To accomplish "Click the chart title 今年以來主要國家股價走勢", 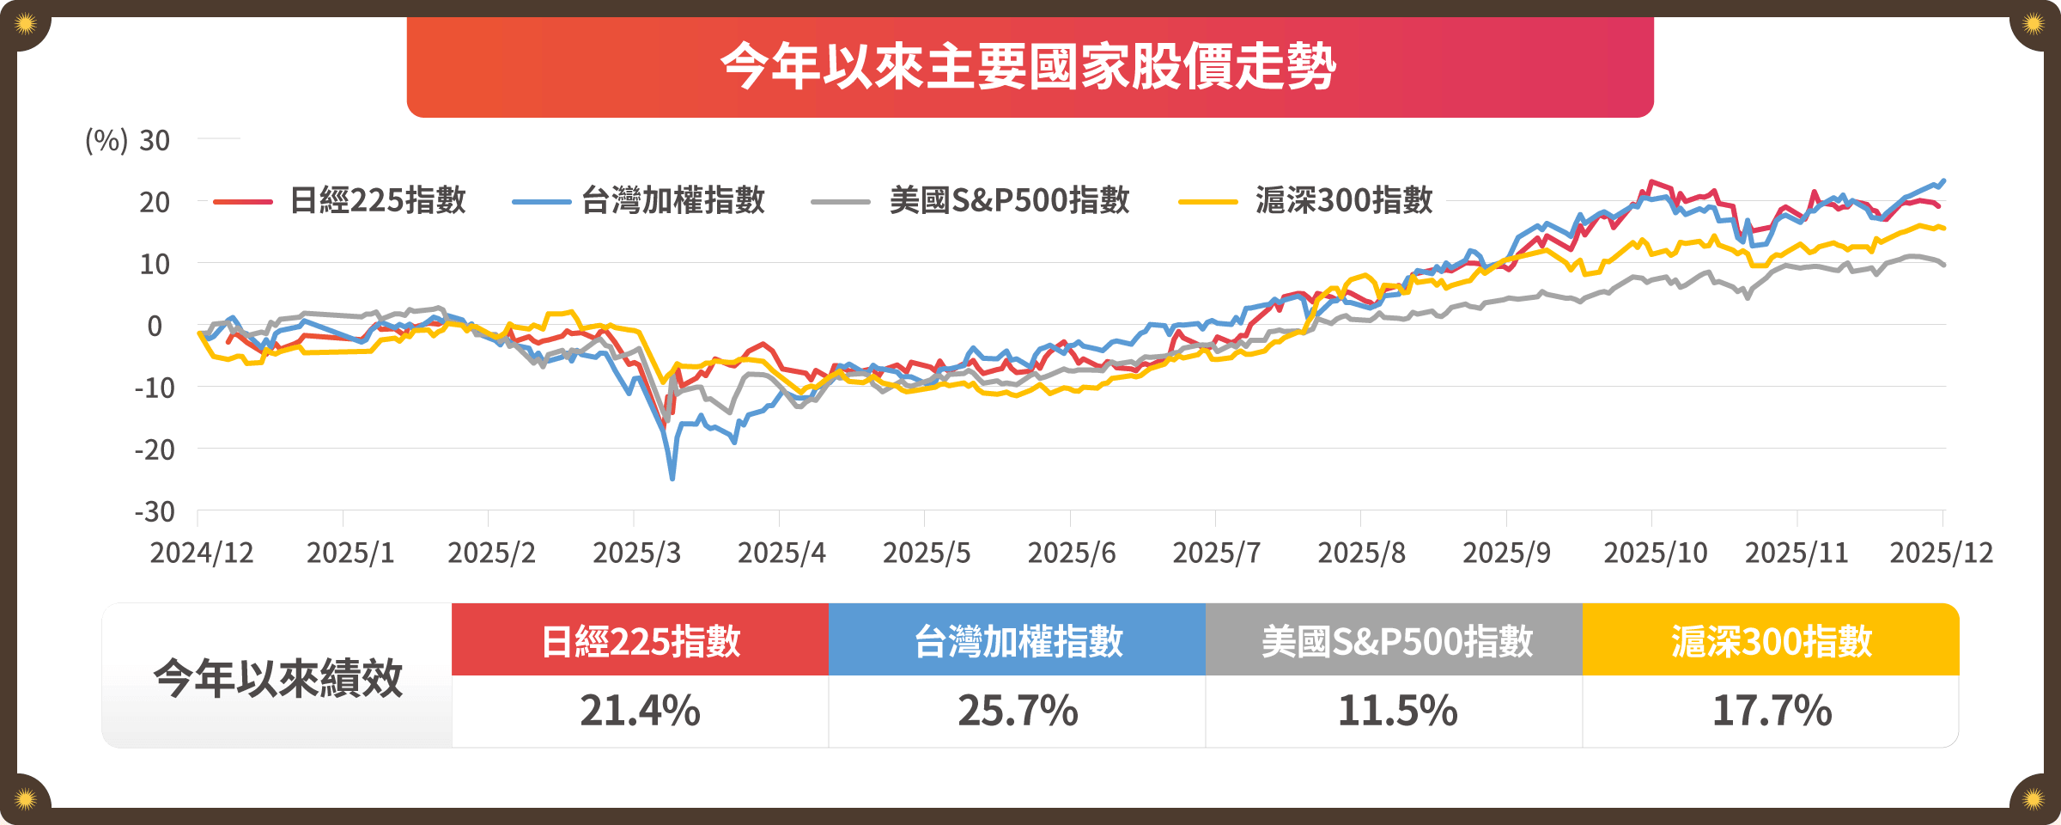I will click(x=1029, y=66).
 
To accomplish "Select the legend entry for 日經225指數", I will click(x=377, y=200).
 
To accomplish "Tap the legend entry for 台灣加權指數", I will click(x=672, y=200).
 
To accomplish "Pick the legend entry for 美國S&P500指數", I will click(x=1009, y=200).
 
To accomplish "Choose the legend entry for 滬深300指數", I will click(x=1344, y=200).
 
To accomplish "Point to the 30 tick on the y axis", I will click(x=155, y=140).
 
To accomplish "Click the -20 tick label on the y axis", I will click(x=155, y=449).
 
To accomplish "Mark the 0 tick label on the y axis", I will click(x=155, y=327).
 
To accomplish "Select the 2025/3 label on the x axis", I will click(x=636, y=553).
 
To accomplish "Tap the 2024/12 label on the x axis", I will click(x=202, y=553).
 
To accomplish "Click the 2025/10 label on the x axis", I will click(x=1655, y=553).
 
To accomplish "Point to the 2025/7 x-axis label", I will click(x=1216, y=553).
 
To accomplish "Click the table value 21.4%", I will click(x=640, y=711).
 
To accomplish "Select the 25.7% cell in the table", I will click(x=1018, y=711).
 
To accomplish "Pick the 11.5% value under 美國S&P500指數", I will click(x=1397, y=711).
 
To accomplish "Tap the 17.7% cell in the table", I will click(x=1772, y=711).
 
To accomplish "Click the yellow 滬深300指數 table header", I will click(x=1771, y=640).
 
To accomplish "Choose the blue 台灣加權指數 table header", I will click(x=1018, y=640).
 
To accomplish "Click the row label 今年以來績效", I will click(x=277, y=678).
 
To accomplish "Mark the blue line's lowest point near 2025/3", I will click(x=672, y=478).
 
